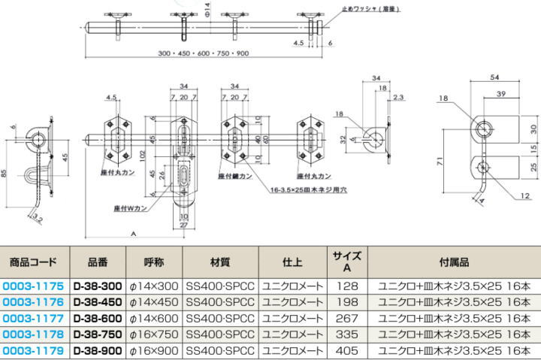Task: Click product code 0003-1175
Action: pos(34,286)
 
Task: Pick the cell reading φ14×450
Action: pos(155,302)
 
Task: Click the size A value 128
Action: pos(347,286)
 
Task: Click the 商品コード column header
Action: pos(34,262)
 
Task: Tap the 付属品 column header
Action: pos(454,262)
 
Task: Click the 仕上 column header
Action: pos(292,262)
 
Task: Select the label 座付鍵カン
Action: pos(234,177)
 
